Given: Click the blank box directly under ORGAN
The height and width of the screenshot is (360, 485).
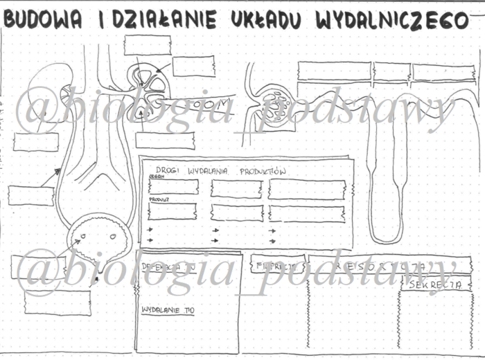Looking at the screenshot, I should click(x=173, y=187).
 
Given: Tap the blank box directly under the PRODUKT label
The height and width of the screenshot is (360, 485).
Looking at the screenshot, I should click(x=173, y=212).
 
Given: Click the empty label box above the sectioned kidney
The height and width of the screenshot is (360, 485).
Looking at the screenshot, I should click(x=147, y=44).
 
